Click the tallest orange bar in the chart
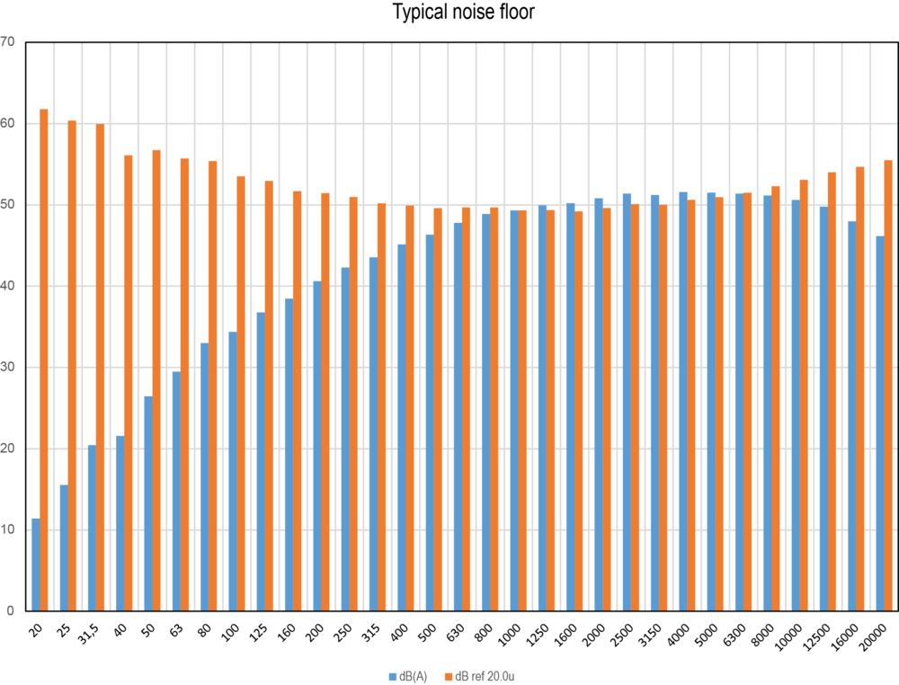(44, 360)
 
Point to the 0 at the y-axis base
(10, 610)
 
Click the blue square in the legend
(392, 676)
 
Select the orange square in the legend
(449, 676)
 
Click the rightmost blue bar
(878, 423)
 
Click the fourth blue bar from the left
(119, 522)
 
